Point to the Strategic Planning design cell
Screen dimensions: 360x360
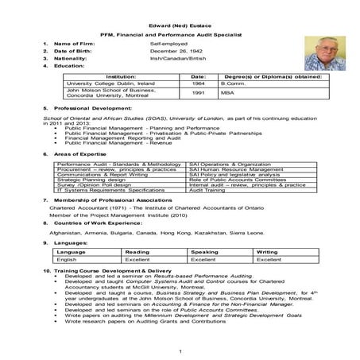pos(91,180)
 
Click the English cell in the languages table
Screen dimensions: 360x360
pos(68,259)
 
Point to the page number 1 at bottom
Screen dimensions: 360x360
pos(181,350)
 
